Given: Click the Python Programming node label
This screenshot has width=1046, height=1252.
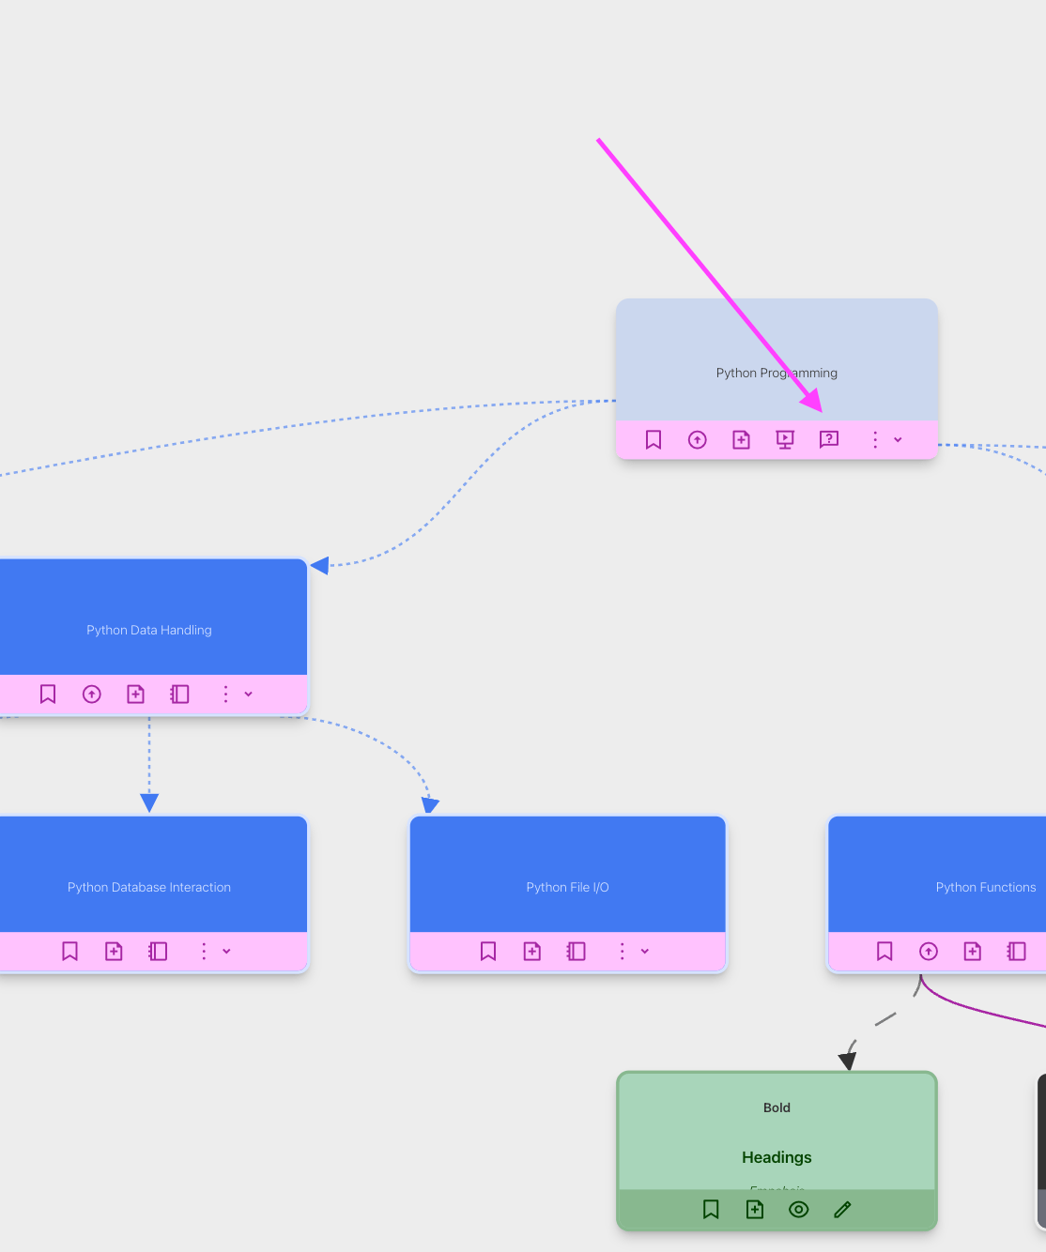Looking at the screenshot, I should point(777,373).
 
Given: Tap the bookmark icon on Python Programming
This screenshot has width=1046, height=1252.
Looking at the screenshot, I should point(654,439).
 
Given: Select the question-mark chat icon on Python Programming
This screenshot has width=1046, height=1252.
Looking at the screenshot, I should point(828,439).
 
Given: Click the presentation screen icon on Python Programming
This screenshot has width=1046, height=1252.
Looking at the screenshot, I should point(785,439).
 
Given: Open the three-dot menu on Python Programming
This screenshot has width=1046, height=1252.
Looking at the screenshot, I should point(875,439).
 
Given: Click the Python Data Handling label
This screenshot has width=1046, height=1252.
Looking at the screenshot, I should point(149,630).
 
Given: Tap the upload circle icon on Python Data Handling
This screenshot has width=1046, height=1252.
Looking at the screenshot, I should point(92,695).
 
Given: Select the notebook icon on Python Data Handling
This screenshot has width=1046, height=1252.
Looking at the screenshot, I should point(179,695).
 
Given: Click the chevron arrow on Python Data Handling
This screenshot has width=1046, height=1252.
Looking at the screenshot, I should point(249,695).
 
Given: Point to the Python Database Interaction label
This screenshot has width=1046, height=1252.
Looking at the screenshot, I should point(149,887).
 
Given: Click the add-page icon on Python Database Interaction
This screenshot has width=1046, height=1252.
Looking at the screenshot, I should point(114,952).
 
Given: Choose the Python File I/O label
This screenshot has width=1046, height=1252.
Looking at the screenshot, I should point(567,887).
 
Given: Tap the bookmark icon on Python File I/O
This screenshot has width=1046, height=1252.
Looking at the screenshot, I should point(488,952).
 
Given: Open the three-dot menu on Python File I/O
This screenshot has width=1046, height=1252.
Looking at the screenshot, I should point(622,952).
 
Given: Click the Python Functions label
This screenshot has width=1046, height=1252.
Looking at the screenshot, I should point(986,887).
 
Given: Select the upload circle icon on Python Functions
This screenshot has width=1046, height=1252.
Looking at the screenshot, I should point(929,952).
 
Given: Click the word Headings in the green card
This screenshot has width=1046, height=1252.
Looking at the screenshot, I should point(777,1157).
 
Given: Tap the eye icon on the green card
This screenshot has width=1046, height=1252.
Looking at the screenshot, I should point(799,1210).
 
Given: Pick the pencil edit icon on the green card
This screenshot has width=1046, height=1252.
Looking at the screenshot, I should point(842,1210).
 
